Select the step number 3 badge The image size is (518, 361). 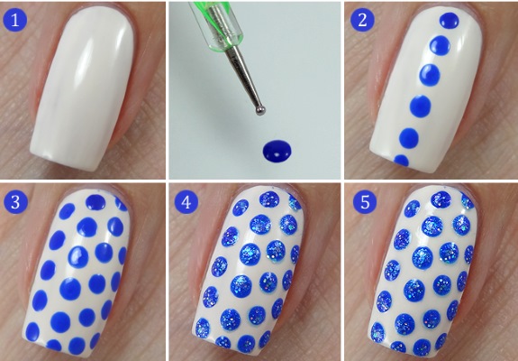[x=16, y=201]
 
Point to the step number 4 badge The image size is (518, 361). [x=189, y=201]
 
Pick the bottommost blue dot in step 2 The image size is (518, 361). [x=402, y=162]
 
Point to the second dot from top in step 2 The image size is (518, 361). [x=441, y=42]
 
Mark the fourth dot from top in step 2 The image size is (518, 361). [x=419, y=107]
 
